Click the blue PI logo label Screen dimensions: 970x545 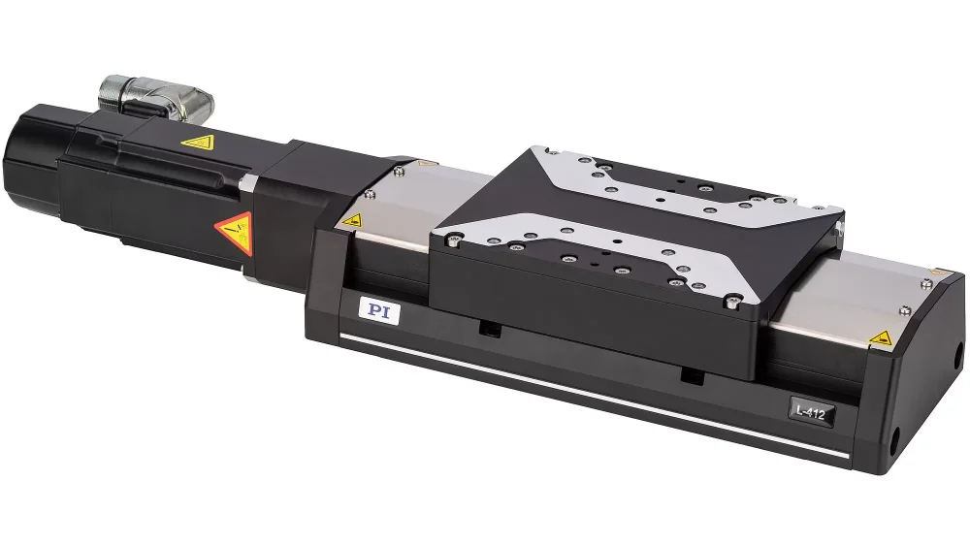(378, 311)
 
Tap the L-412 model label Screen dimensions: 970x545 (811, 411)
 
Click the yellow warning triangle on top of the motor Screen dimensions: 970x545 (198, 143)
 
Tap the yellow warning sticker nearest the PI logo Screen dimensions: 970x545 (352, 219)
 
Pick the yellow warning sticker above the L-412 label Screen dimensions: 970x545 (881, 337)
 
